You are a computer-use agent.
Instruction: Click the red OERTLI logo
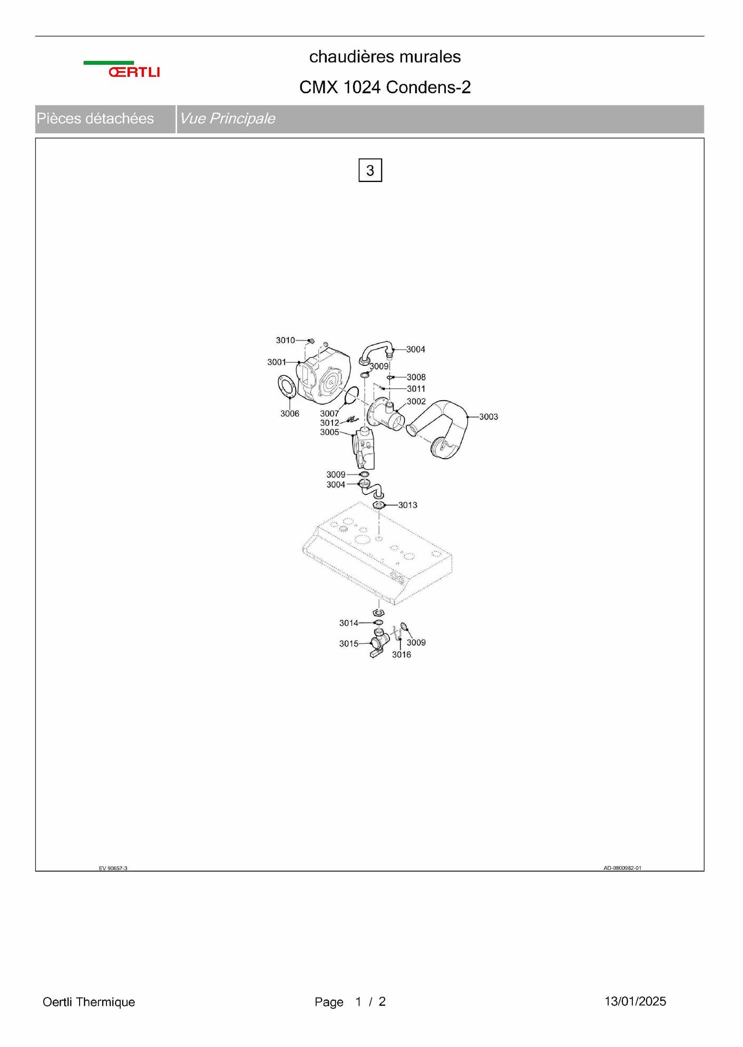click(x=134, y=72)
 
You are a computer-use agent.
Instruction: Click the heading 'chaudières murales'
click(x=385, y=56)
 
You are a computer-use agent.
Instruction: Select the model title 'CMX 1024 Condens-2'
click(x=385, y=87)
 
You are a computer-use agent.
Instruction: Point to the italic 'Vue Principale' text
click(x=227, y=119)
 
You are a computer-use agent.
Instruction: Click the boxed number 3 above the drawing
click(x=370, y=170)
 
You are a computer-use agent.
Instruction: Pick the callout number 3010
click(x=286, y=341)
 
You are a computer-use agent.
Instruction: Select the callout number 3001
click(x=277, y=362)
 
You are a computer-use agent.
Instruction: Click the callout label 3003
click(x=488, y=416)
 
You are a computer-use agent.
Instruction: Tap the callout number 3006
click(x=290, y=414)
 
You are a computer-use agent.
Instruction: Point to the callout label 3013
click(x=408, y=505)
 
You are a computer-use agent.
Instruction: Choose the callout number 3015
click(x=349, y=644)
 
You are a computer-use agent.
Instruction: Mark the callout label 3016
click(x=402, y=655)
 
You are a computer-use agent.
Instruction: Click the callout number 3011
click(x=416, y=389)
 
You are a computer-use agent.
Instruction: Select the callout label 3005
click(x=330, y=432)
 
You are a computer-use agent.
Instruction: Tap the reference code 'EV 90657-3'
click(x=113, y=868)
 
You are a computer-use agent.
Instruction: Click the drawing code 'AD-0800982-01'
click(x=622, y=868)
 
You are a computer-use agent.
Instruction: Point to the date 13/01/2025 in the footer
click(x=635, y=1001)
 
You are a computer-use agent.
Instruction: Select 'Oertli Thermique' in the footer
click(x=89, y=1002)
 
